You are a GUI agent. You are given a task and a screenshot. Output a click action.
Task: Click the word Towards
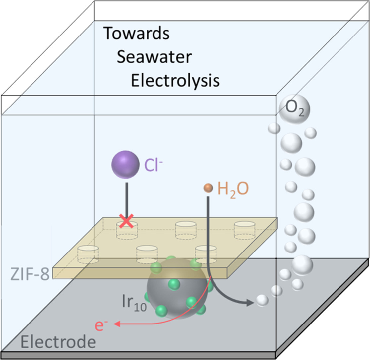click(137, 34)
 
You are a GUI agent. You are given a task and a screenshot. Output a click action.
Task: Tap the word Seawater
click(154, 57)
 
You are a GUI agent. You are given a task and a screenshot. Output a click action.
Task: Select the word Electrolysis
click(175, 81)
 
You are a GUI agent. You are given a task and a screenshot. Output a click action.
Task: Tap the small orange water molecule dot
click(208, 188)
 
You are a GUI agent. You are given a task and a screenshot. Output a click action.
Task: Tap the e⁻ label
click(103, 325)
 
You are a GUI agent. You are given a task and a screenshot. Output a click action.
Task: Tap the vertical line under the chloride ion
click(126, 199)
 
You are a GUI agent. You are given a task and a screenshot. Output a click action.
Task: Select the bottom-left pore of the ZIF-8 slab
click(88, 253)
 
